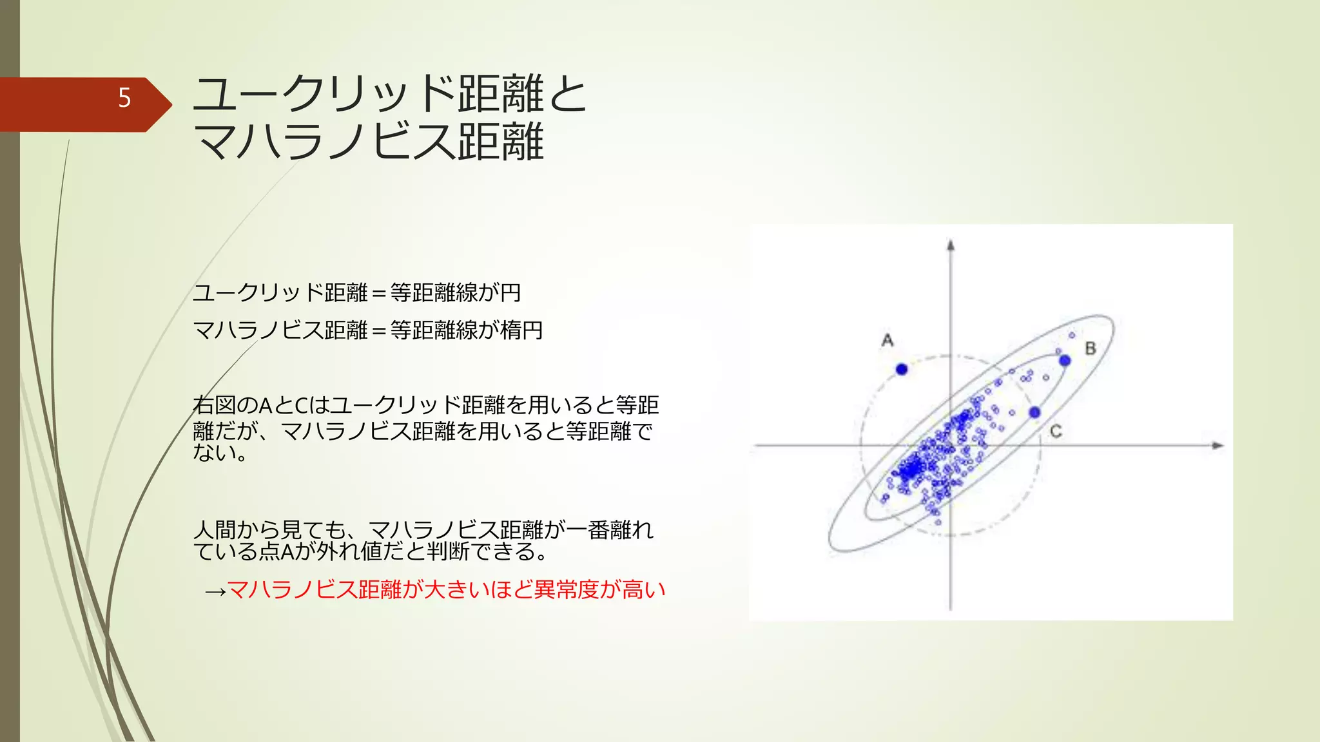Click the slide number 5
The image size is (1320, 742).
coord(124,98)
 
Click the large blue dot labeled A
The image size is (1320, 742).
coord(902,369)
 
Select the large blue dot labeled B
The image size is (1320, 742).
coord(1065,361)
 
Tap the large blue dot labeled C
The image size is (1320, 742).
coord(1034,412)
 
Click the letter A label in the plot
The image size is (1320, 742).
coord(888,340)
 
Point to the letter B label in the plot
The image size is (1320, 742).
coord(1091,348)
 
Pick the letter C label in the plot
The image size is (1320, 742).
coord(1056,432)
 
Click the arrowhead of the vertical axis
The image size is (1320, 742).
coord(950,245)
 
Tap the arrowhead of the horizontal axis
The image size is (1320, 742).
coord(1218,445)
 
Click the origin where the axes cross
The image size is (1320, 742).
coord(951,445)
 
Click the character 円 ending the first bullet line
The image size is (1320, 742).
coord(510,293)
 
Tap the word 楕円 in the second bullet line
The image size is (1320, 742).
coord(521,330)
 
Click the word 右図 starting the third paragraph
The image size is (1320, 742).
coord(214,405)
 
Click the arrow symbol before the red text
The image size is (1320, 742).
coord(215,591)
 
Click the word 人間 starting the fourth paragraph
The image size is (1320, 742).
coord(214,530)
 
